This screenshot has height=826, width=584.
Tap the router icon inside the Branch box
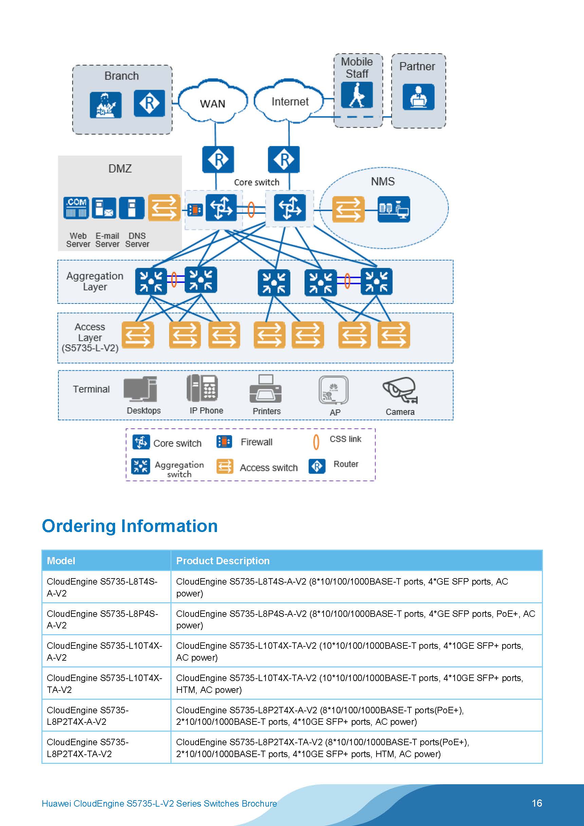pos(149,103)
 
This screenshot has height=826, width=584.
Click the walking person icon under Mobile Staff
pos(357,95)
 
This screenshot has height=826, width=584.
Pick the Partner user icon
pos(419,97)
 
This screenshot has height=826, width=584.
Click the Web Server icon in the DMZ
pos(76,207)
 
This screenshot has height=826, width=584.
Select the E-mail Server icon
pos(104,207)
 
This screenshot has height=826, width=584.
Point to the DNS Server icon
pos(132,207)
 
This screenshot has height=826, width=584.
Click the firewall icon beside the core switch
pos(195,210)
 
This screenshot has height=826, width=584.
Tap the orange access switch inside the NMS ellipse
pos(348,209)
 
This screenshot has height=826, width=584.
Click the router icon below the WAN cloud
pos(218,159)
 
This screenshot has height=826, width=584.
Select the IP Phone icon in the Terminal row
pos(202,388)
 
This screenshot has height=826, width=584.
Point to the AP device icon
pos(333,390)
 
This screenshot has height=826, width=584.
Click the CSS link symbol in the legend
pos(316,442)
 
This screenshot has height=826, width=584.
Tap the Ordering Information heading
pos(130,526)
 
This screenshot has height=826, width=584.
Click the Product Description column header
pos(223,561)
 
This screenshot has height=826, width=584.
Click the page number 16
pos(537,803)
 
